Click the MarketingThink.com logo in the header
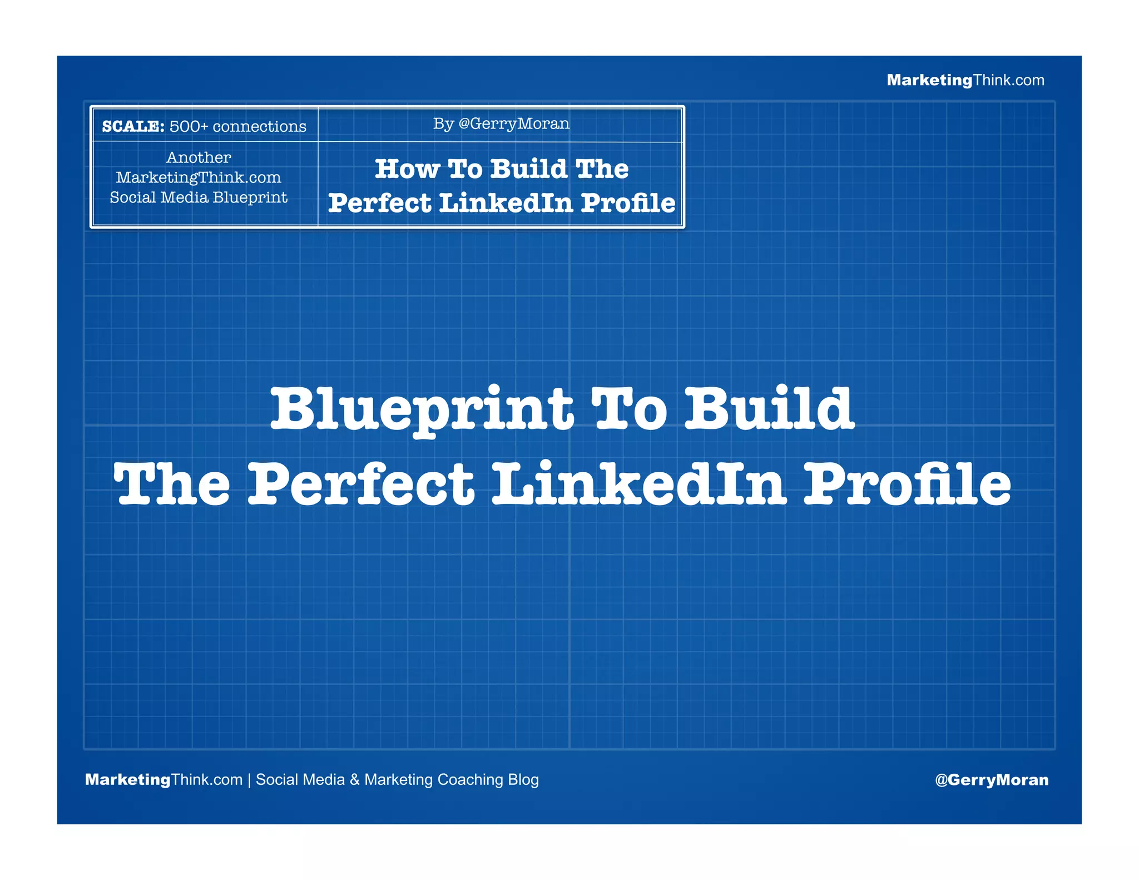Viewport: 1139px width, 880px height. coord(965,80)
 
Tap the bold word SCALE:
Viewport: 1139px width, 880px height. coord(133,126)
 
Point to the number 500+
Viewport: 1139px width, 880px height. coord(189,126)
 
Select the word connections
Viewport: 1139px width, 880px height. coord(259,126)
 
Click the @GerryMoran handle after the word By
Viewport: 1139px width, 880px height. coord(513,123)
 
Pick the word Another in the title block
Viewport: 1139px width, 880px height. coord(199,157)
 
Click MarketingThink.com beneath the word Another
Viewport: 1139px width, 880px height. coord(199,177)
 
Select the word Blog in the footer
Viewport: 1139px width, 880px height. coord(523,779)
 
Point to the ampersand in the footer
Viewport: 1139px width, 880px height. coord(355,779)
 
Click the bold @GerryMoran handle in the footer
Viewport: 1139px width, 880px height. coord(992,779)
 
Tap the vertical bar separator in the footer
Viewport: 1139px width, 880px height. coord(249,779)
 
